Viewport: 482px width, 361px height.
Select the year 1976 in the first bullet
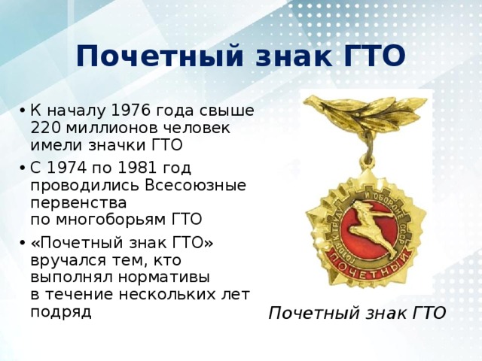(120, 111)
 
